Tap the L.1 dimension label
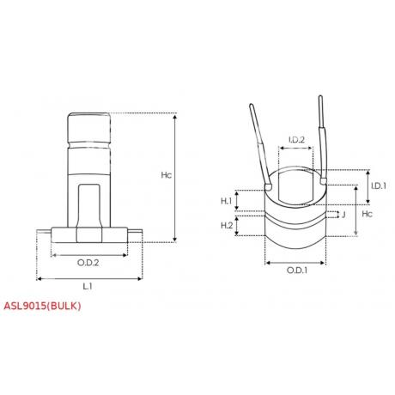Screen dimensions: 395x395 click(89, 284)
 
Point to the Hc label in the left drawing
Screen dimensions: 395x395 click(167, 174)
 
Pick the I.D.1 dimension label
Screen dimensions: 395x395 click(377, 186)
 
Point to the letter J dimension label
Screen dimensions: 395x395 click(343, 215)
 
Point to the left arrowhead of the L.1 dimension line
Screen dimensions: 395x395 click(40, 277)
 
